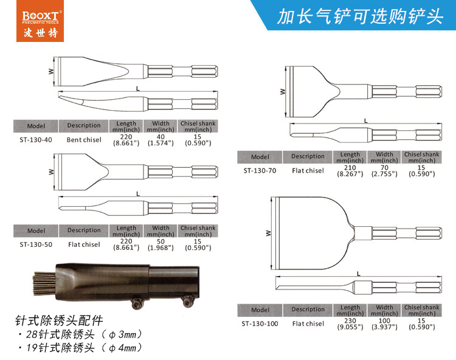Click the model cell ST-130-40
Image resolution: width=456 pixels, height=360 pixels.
36,140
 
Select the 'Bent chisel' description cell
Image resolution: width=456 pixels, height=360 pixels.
84,140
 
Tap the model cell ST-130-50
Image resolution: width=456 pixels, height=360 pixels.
36,244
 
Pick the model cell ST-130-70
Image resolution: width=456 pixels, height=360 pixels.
260,171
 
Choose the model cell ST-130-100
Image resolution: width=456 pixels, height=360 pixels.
260,324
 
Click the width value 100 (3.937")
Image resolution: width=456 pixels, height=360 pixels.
384,324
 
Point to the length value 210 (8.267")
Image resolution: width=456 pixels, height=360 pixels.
350,171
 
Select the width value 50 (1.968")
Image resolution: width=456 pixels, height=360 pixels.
161,244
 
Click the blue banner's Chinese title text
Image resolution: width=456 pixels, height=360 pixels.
360,16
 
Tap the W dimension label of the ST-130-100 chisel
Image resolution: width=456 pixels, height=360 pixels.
268,233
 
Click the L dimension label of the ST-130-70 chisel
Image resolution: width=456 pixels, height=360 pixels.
365,121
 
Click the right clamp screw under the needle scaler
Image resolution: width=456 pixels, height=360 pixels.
187,302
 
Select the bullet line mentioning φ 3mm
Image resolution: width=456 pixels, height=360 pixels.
80,334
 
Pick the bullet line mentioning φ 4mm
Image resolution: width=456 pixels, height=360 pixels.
80,347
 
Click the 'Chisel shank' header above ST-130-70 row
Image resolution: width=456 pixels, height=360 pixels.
421,157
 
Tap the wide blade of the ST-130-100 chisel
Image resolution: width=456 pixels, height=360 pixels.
313,233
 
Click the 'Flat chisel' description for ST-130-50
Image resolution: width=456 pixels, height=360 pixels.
84,244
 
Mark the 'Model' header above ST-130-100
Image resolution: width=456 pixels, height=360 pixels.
260,310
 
